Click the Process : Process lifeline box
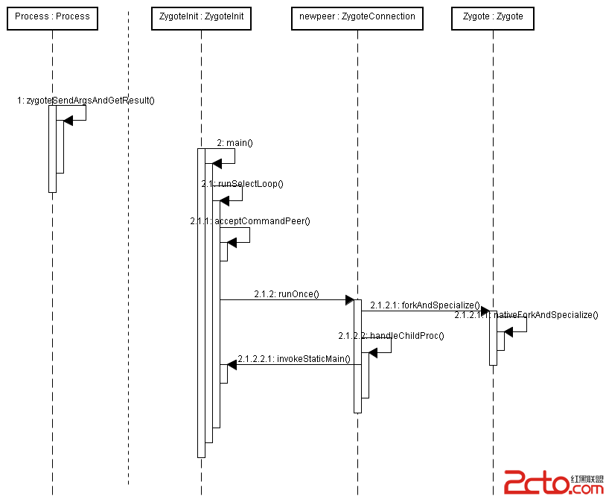(52, 16)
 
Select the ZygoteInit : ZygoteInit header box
(200, 16)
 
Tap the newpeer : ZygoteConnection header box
(357, 16)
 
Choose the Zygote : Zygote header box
(492, 16)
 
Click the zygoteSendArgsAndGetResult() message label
(86, 100)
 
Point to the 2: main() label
(235, 142)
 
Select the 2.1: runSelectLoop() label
(242, 183)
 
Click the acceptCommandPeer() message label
(250, 221)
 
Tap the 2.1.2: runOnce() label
(286, 294)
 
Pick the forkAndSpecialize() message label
(424, 305)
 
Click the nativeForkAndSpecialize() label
(526, 315)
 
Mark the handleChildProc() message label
(391, 336)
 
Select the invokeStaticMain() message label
(293, 359)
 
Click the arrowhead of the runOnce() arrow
(349, 300)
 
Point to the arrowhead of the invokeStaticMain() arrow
(232, 364)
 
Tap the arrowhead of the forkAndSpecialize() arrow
(485, 311)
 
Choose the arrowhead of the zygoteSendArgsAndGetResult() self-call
(68, 121)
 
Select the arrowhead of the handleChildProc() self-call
(373, 352)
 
